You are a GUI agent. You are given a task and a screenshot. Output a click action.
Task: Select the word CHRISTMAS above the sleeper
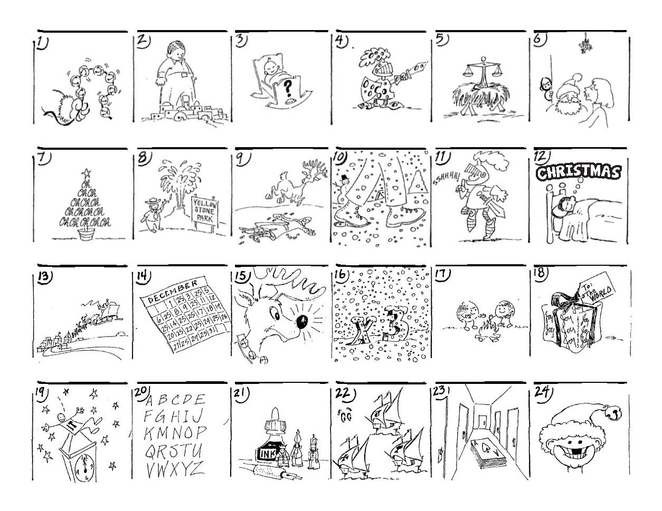click(x=578, y=173)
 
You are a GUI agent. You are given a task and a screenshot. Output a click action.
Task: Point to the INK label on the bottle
click(x=264, y=454)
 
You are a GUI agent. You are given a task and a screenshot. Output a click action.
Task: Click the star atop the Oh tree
click(x=83, y=172)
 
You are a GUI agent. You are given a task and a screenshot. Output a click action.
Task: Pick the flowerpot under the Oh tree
click(x=83, y=233)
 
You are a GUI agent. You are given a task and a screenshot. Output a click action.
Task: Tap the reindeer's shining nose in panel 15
click(x=302, y=323)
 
